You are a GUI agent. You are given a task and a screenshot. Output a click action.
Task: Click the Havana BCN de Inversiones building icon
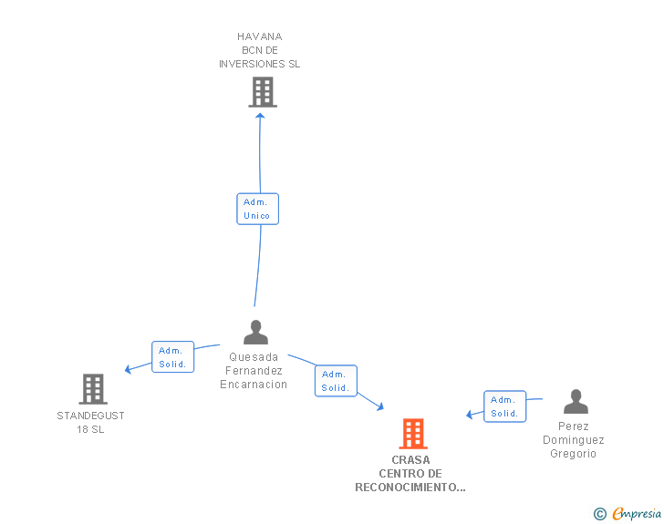click(x=262, y=92)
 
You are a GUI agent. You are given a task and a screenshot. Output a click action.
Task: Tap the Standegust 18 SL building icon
click(x=92, y=389)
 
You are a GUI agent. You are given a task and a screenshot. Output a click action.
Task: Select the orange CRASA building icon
click(x=412, y=434)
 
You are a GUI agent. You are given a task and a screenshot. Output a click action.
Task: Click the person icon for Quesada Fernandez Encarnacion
click(x=255, y=333)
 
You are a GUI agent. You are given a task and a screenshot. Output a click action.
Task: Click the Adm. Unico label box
click(x=257, y=209)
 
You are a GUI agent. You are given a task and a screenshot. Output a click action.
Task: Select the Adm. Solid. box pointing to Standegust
click(x=171, y=357)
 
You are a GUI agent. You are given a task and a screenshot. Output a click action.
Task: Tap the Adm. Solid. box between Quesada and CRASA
click(x=335, y=381)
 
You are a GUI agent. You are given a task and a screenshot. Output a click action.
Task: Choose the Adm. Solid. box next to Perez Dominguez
click(x=504, y=406)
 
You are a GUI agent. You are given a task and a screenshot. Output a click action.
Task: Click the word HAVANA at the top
click(x=260, y=37)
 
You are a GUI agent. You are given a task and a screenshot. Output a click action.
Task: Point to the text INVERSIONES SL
click(x=259, y=65)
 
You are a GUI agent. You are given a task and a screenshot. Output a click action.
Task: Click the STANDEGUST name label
click(x=91, y=416)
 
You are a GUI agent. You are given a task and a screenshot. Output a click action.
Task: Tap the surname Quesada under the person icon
click(x=254, y=357)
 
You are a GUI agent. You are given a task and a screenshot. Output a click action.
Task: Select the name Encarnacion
click(x=254, y=385)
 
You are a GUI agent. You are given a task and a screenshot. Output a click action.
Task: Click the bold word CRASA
click(x=410, y=460)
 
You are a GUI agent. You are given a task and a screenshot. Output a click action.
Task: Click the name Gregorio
click(x=573, y=454)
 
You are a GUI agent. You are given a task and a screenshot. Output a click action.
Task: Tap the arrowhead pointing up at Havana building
click(x=260, y=115)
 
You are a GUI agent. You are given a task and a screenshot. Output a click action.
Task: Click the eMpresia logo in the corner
click(x=636, y=514)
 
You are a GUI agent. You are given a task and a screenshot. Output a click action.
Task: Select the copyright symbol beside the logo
click(x=599, y=514)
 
